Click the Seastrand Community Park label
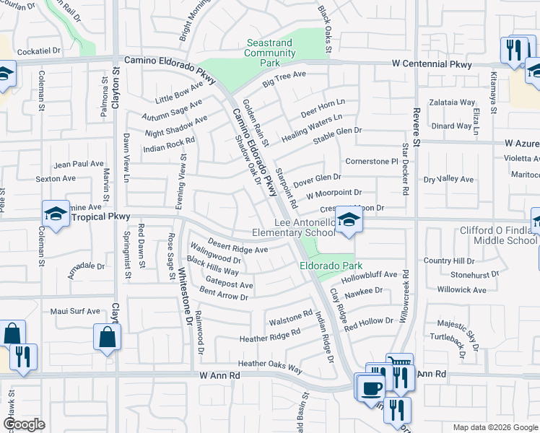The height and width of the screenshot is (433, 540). [271, 53]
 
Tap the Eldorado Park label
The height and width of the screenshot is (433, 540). [326, 266]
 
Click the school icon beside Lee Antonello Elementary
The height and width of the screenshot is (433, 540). [348, 221]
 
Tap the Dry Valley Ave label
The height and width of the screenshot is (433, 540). [448, 179]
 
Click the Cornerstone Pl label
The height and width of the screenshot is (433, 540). [372, 161]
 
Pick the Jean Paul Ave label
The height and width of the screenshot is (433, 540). [79, 164]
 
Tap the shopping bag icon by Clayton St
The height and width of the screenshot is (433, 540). [107, 336]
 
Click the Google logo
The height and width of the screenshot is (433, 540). [24, 424]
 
